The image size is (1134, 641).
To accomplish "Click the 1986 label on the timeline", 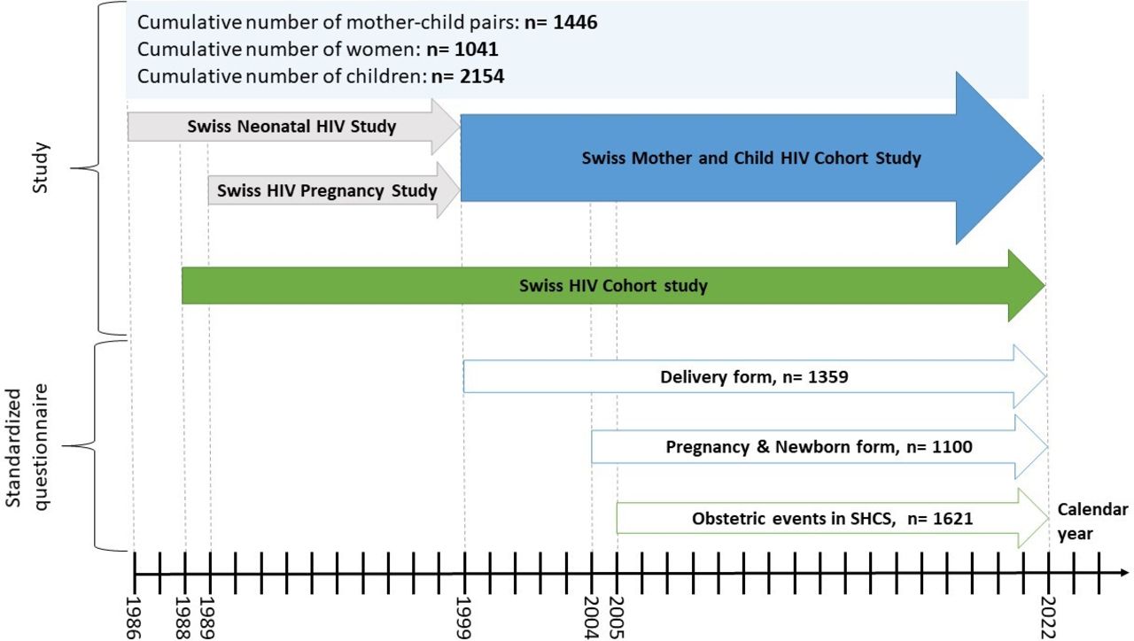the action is click(133, 618).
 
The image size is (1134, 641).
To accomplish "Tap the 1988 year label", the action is click(183, 618).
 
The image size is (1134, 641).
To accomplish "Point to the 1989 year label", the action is click(207, 618).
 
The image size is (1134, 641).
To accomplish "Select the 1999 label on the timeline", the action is click(463, 618).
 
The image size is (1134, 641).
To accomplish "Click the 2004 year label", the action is click(591, 618).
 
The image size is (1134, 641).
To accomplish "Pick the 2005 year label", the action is click(616, 618).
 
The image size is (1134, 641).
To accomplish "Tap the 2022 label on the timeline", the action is click(1048, 618).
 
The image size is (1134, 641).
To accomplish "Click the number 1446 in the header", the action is click(575, 22).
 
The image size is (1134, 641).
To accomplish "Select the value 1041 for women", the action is click(477, 49).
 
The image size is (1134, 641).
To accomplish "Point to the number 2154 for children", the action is click(482, 76).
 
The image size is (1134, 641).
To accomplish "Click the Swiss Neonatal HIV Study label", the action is click(291, 126).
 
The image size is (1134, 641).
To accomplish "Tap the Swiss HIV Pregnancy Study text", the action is click(327, 190).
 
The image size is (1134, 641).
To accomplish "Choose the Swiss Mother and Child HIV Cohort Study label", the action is click(751, 158).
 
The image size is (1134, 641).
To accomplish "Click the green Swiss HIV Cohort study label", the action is click(613, 285).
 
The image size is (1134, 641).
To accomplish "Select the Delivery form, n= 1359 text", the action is click(754, 377).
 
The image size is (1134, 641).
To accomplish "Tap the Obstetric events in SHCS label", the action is click(794, 519).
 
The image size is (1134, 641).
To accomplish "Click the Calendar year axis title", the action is click(1092, 521).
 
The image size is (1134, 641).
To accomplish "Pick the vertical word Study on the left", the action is click(40, 167).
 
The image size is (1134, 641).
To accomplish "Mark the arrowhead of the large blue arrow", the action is click(1044, 158).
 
